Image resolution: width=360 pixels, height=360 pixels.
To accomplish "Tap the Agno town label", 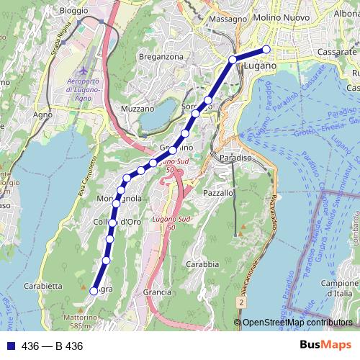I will [43, 114].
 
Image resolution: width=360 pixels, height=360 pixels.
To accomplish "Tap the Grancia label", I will [157, 292].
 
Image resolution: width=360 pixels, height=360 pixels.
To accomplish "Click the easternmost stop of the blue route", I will [266, 49].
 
